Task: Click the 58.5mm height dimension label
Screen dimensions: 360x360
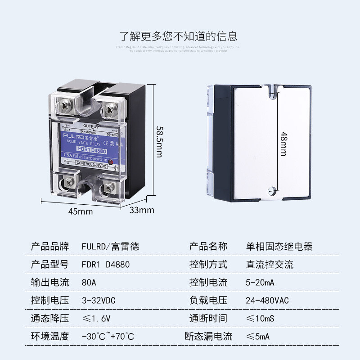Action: [159, 141]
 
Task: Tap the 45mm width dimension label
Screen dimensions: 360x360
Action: [81, 211]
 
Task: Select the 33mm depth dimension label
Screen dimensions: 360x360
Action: [142, 210]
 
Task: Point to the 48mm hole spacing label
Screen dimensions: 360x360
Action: [283, 143]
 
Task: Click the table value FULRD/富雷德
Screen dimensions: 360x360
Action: [111, 247]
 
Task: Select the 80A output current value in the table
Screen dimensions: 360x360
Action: [89, 283]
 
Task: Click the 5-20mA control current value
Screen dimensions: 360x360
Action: [260, 283]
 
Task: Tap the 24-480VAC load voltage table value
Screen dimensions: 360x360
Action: [267, 301]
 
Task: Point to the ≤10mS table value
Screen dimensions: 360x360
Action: [261, 319]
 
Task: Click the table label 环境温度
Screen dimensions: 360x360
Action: [50, 336]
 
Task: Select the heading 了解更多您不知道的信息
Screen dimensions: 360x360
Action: [178, 36]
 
